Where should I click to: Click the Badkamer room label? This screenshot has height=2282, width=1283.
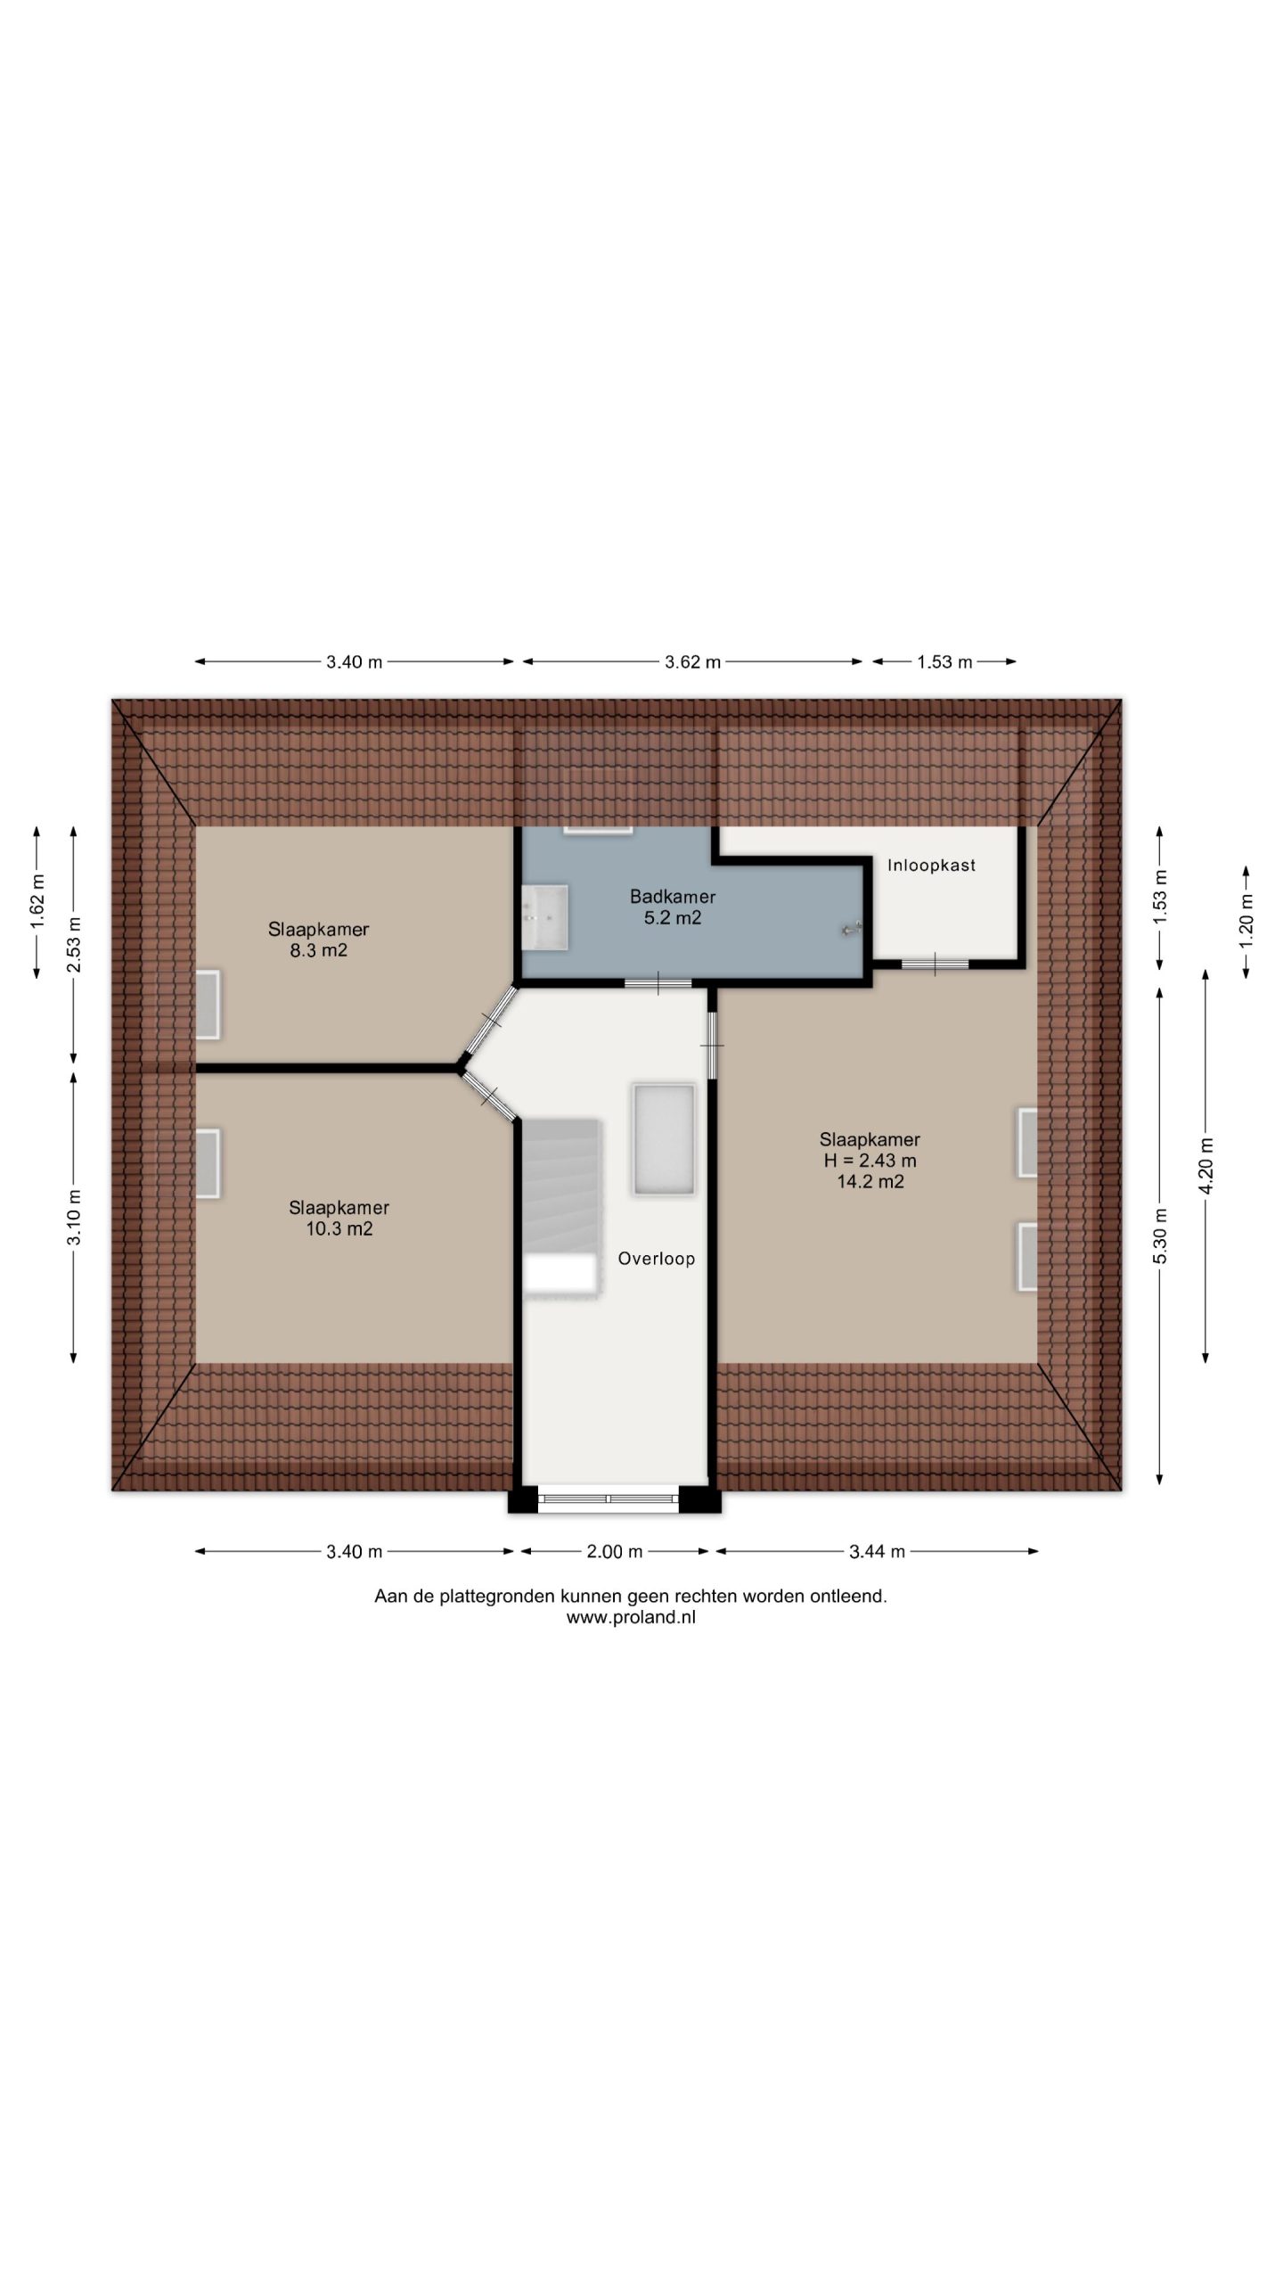pos(673,897)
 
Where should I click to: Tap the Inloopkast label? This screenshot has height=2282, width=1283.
pos(931,865)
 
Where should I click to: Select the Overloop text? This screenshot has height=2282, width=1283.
pos(657,1259)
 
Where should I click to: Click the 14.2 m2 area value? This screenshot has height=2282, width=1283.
pos(870,1182)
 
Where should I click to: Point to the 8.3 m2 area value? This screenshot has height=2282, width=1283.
pos(319,950)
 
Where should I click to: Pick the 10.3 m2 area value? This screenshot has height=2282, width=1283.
pos(339,1229)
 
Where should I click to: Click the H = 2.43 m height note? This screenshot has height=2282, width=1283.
pos(870,1161)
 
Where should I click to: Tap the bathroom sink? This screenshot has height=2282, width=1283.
pos(545,917)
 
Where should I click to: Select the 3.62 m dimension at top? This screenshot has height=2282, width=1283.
pos(692,661)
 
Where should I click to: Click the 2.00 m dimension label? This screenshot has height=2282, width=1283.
pos(614,1552)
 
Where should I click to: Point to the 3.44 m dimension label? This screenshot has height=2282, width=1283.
pos(877,1552)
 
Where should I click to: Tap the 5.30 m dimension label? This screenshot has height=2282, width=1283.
pos(1160,1235)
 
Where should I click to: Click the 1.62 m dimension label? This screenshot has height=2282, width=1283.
pos(37,901)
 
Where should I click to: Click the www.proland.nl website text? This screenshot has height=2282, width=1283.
pos(631,1618)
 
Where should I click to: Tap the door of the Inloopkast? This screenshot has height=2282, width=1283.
pos(935,964)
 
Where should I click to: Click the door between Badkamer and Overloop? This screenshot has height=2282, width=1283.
pos(658,983)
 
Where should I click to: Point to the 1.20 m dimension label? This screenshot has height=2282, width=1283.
pos(1246,920)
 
